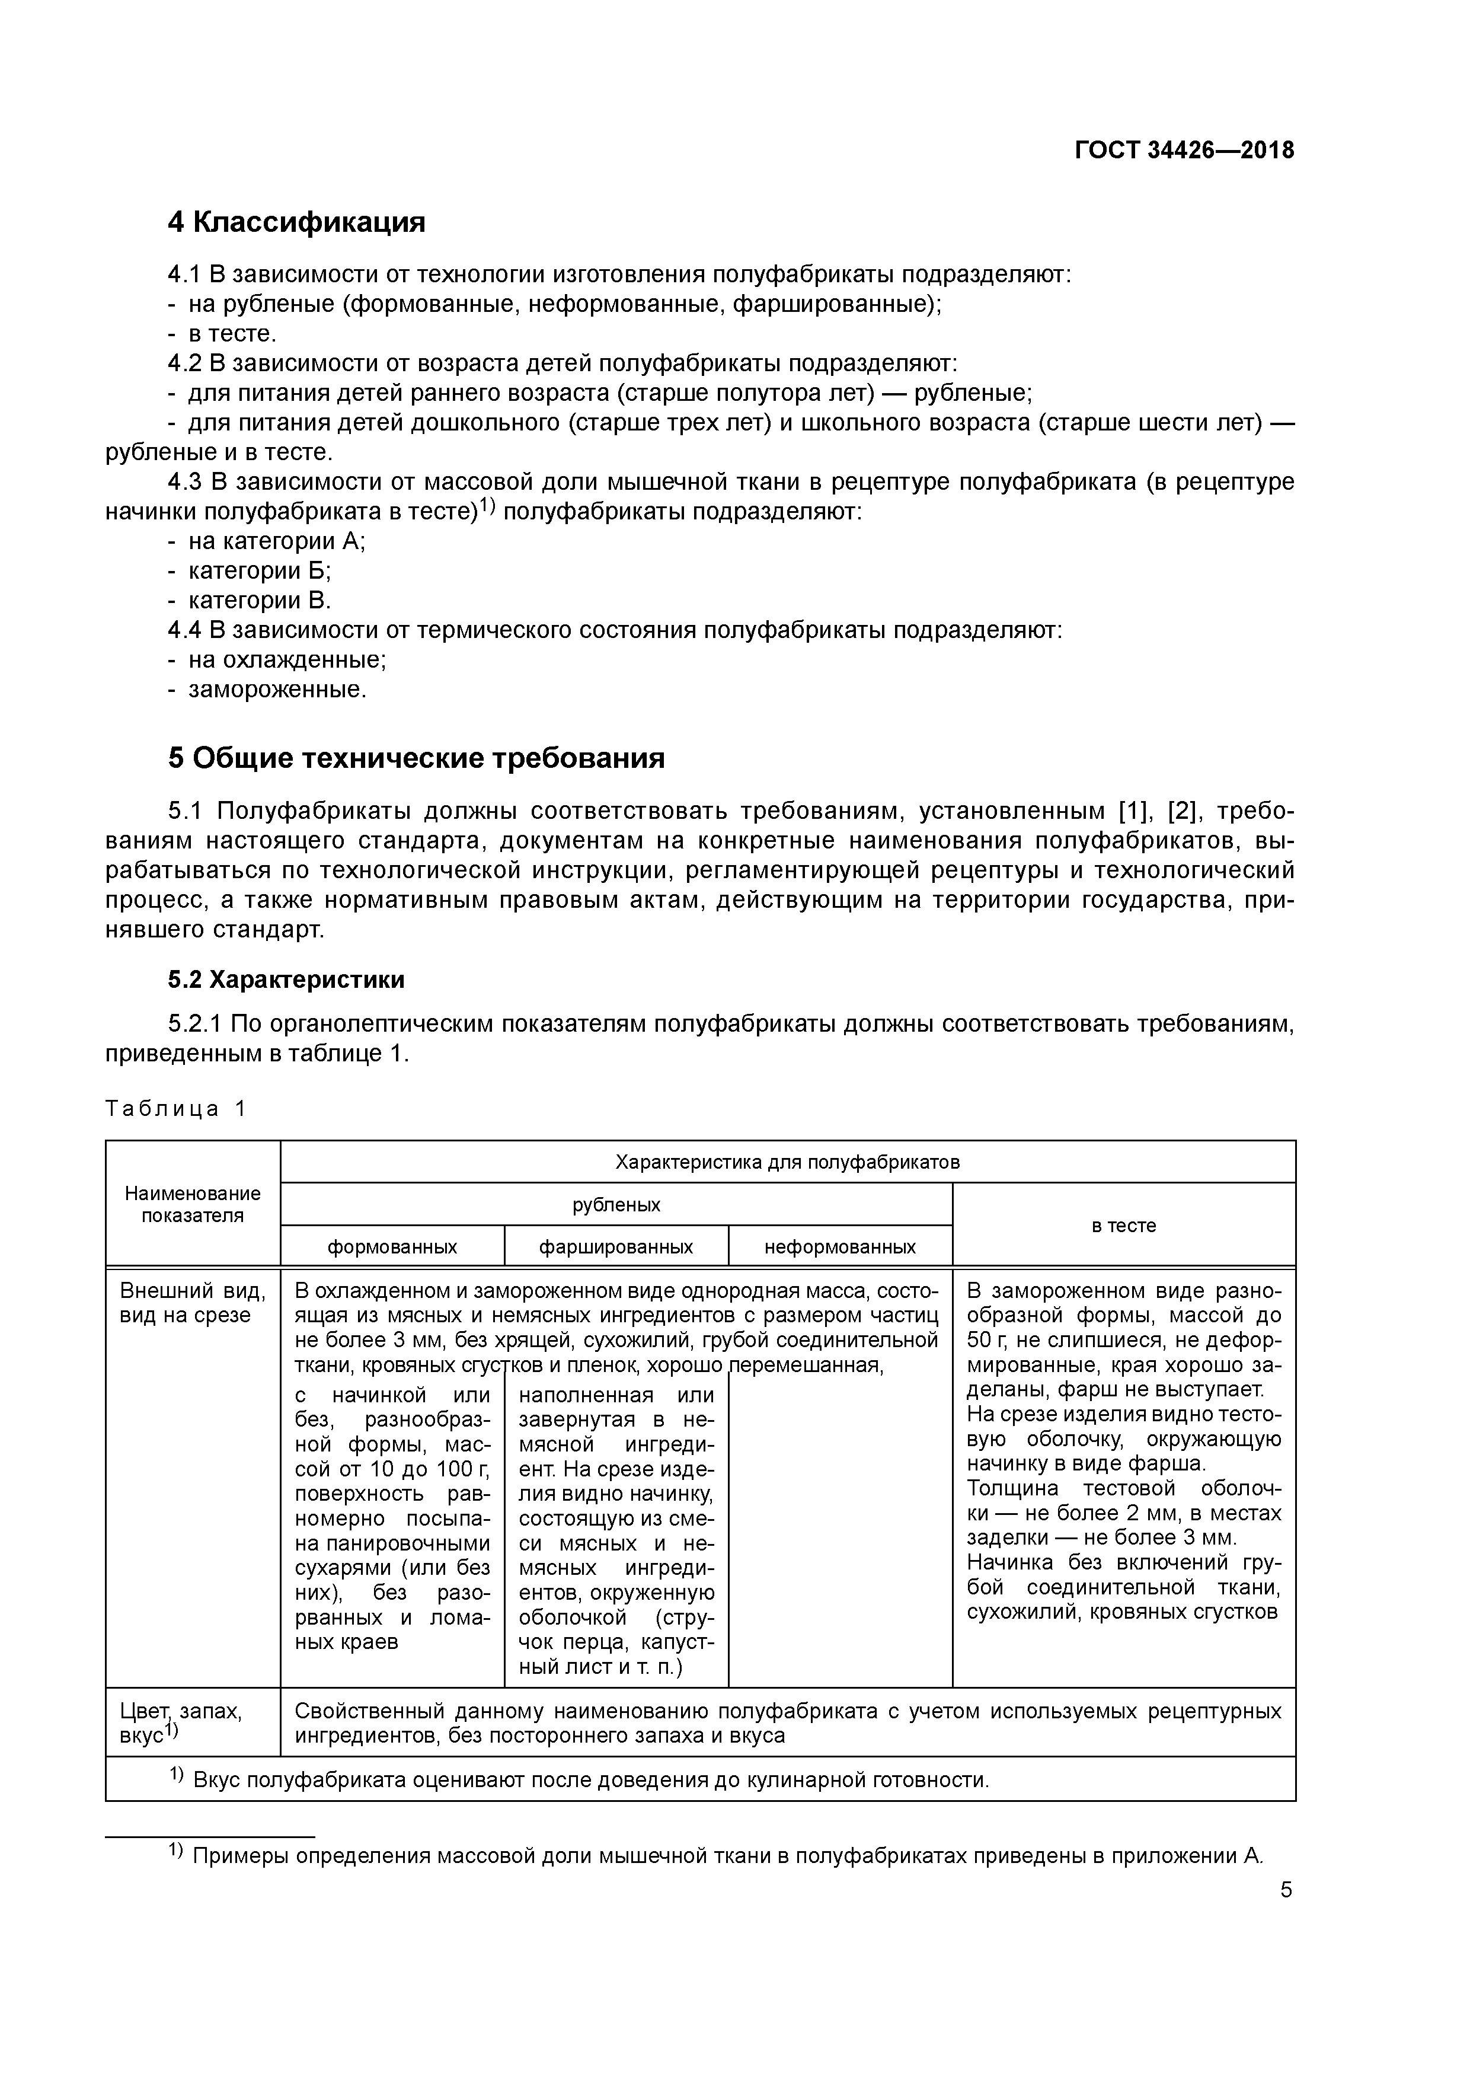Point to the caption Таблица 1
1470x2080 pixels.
175,1109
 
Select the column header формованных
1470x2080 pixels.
392,1246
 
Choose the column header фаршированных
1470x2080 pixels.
616,1246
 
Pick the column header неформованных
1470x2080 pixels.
839,1246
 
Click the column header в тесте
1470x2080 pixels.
1123,1225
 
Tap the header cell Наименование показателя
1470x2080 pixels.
193,1205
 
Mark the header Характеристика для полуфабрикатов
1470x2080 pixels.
787,1162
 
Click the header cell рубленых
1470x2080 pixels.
616,1205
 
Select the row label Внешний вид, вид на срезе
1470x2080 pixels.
193,1303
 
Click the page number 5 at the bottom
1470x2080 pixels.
1286,1890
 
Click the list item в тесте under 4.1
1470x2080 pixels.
232,333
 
